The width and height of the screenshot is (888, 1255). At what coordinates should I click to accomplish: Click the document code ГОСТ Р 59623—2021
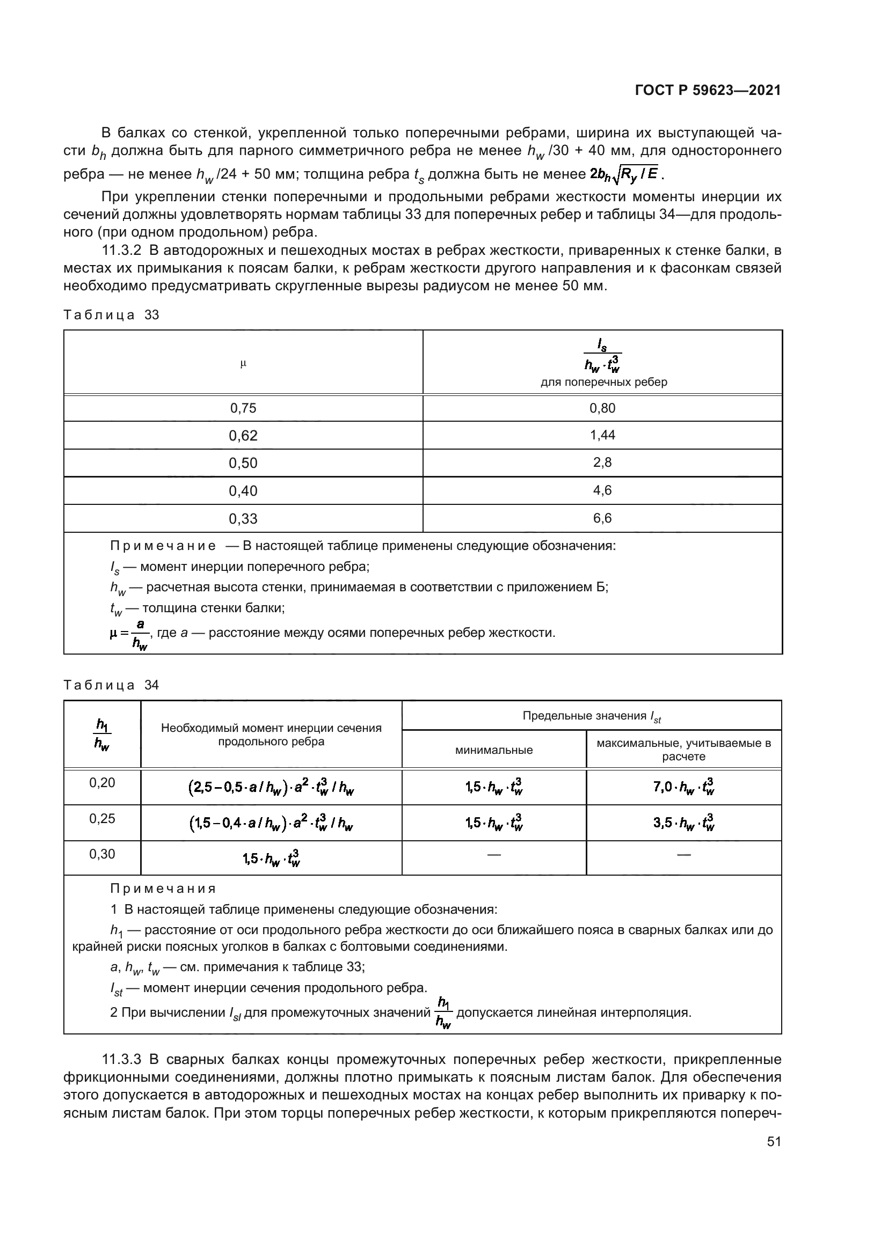(x=708, y=90)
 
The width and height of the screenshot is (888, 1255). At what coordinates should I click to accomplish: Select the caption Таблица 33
(x=111, y=315)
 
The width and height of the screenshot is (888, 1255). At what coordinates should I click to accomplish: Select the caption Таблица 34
(x=111, y=685)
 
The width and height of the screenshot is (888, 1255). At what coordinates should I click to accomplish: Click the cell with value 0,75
(x=243, y=408)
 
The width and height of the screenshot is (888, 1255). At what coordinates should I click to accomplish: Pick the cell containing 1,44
(x=602, y=435)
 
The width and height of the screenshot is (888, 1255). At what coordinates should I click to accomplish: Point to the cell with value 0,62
(x=243, y=436)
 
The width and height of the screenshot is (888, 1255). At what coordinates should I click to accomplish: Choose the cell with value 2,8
(x=602, y=463)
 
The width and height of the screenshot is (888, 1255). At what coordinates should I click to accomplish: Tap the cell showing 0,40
(x=243, y=491)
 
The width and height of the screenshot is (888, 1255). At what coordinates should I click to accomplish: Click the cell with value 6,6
(x=602, y=518)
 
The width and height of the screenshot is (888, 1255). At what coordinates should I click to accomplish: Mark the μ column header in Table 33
(x=243, y=362)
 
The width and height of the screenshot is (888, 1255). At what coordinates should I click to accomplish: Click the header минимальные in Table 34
(x=494, y=750)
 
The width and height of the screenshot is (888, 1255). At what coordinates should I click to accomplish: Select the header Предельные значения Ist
(x=592, y=716)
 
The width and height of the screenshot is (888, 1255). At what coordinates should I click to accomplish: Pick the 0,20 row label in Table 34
(x=102, y=783)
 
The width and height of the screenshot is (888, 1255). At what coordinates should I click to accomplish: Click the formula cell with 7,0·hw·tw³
(x=683, y=788)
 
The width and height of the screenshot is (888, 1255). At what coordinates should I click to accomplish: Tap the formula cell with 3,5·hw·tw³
(x=683, y=823)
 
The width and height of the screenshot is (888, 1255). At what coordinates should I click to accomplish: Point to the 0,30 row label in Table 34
(x=102, y=854)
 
